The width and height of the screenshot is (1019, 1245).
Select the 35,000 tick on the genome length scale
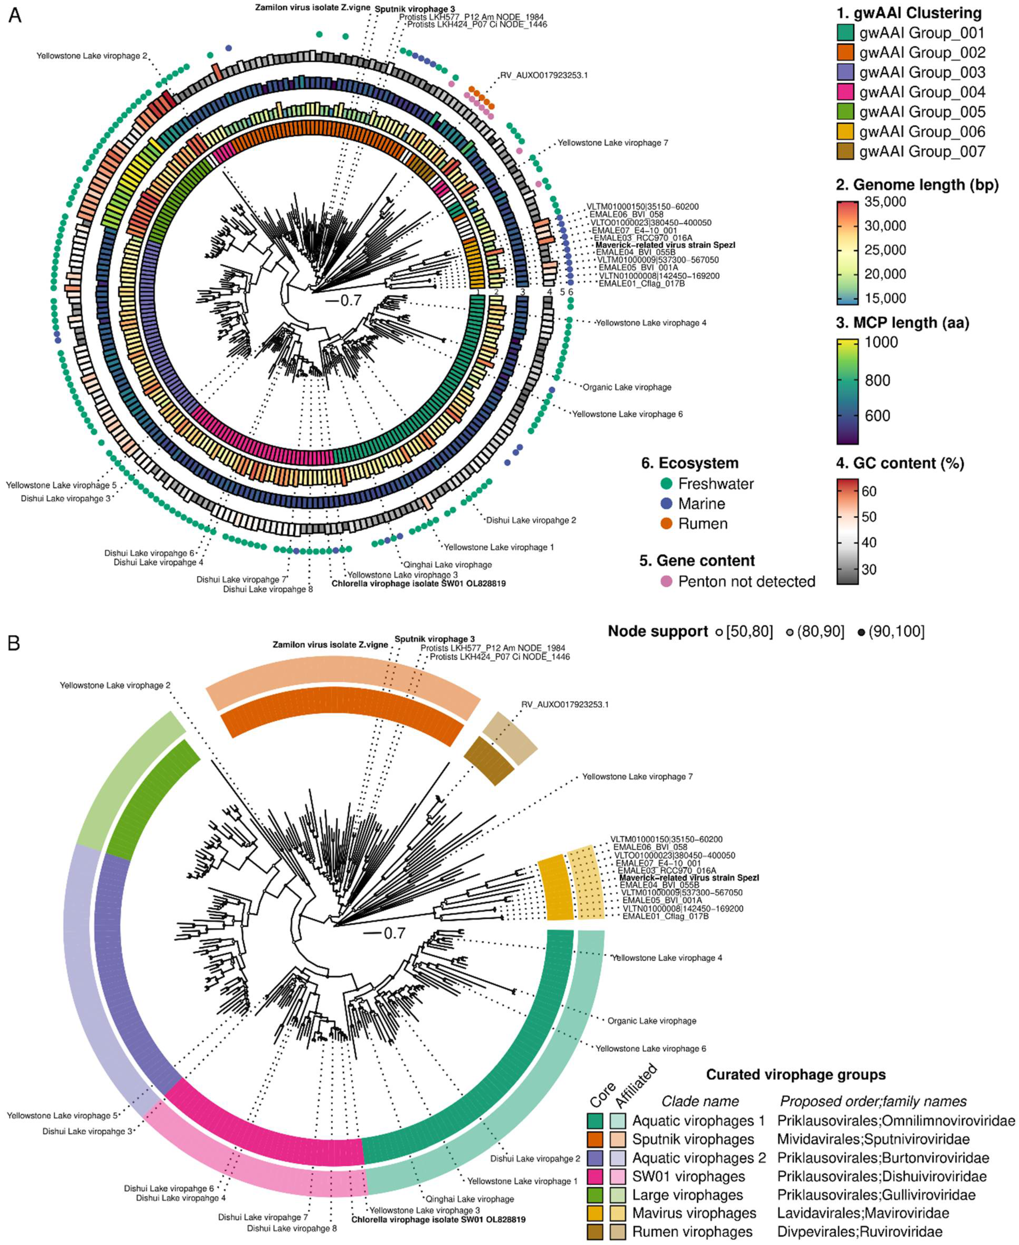point(885,201)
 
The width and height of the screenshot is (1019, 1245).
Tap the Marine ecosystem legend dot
point(666,504)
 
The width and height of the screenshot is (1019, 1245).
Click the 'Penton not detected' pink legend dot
point(666,582)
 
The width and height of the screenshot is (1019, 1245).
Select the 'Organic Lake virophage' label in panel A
point(626,387)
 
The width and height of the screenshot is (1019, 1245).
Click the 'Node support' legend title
point(657,632)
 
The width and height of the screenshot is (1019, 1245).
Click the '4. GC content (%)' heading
point(899,463)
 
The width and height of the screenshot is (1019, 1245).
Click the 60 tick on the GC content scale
point(869,491)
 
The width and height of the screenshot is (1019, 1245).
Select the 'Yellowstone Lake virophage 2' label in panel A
point(92,56)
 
